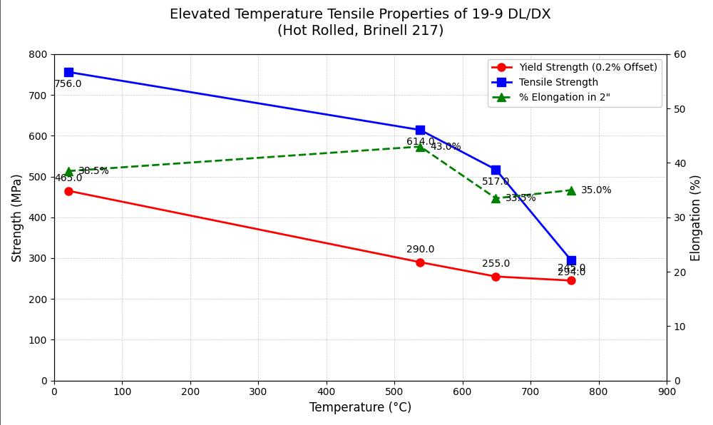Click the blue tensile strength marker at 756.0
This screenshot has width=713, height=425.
click(68, 72)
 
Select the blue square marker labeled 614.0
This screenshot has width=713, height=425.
click(420, 130)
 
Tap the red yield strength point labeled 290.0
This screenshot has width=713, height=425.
click(420, 262)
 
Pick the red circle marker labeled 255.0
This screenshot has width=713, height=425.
click(496, 277)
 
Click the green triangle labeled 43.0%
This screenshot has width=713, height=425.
click(420, 147)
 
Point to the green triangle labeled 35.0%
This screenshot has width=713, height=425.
click(571, 190)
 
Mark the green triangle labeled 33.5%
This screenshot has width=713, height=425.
click(496, 198)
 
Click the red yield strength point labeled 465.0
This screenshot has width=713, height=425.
click(68, 191)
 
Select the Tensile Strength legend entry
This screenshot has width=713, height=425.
click(558, 83)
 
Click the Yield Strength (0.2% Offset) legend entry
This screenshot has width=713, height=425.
click(588, 68)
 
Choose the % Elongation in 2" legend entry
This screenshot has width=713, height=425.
click(564, 98)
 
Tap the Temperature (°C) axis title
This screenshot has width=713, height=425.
click(360, 408)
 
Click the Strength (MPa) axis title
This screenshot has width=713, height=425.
click(17, 217)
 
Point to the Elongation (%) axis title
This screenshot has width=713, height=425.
click(696, 217)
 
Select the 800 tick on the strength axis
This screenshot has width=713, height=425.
click(38, 54)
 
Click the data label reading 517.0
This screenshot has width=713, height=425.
click(496, 182)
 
